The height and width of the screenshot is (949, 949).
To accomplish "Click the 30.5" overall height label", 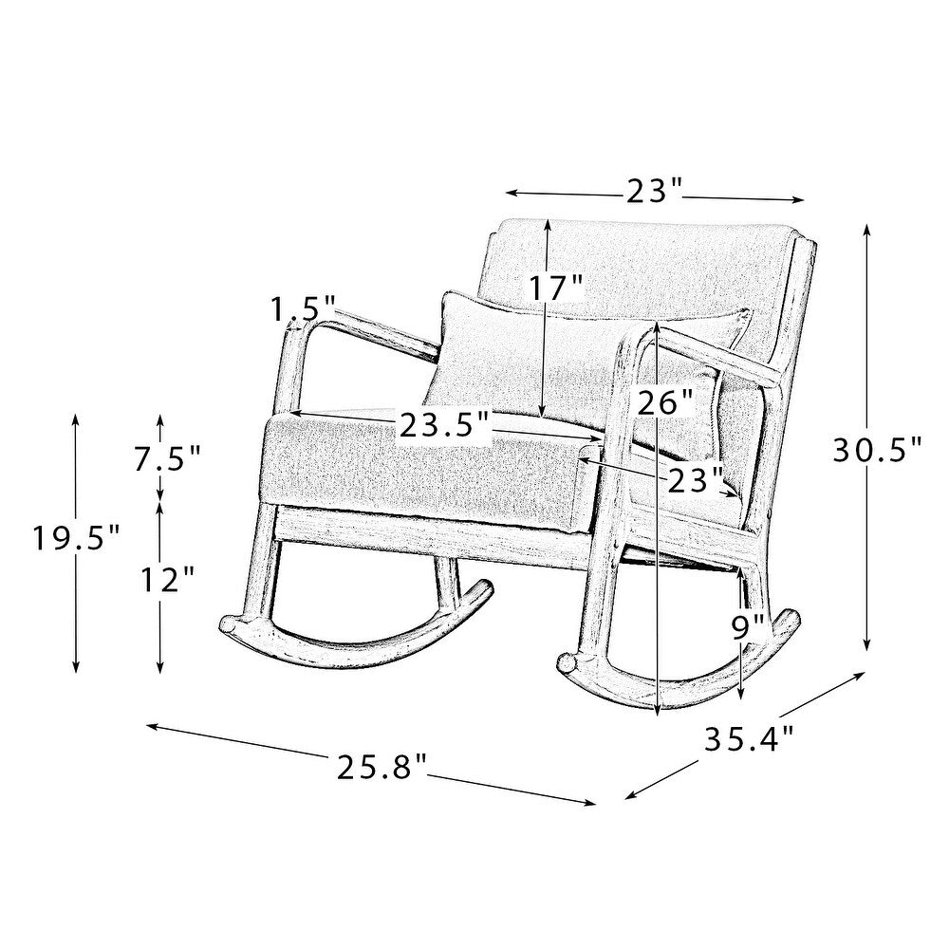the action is (x=877, y=449).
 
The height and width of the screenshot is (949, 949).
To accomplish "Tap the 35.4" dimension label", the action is (x=749, y=738).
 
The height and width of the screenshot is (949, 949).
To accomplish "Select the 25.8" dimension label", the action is (x=382, y=768).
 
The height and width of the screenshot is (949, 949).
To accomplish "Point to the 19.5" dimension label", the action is (x=76, y=538).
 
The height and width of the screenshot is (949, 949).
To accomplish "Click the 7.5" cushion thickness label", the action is (x=167, y=458).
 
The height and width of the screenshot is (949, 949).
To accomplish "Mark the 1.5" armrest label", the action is (x=302, y=309).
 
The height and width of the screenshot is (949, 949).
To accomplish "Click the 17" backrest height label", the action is (x=556, y=287).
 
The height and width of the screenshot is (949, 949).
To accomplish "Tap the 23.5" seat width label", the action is (x=444, y=425).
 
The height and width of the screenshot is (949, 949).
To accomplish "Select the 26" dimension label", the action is (x=664, y=402).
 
